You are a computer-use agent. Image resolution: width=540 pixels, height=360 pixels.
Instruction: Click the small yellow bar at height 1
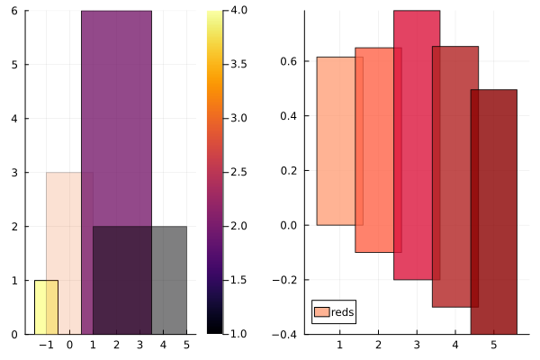click(x=46, y=307)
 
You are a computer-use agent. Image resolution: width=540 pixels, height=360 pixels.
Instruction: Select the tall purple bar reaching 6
click(x=116, y=117)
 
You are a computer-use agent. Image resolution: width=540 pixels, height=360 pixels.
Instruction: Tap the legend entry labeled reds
click(x=342, y=312)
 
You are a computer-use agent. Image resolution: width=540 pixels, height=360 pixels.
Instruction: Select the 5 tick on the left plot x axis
click(x=185, y=344)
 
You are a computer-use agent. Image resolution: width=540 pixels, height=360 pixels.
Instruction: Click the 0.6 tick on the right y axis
click(x=288, y=61)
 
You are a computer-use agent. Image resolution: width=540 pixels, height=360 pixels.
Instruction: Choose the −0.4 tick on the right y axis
click(x=285, y=334)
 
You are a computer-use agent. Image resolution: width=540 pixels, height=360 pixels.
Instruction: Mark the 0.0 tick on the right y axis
click(x=288, y=225)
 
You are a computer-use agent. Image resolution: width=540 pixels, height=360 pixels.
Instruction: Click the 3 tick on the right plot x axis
click(x=417, y=344)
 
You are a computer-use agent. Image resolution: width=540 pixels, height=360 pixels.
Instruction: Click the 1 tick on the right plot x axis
click(x=339, y=344)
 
